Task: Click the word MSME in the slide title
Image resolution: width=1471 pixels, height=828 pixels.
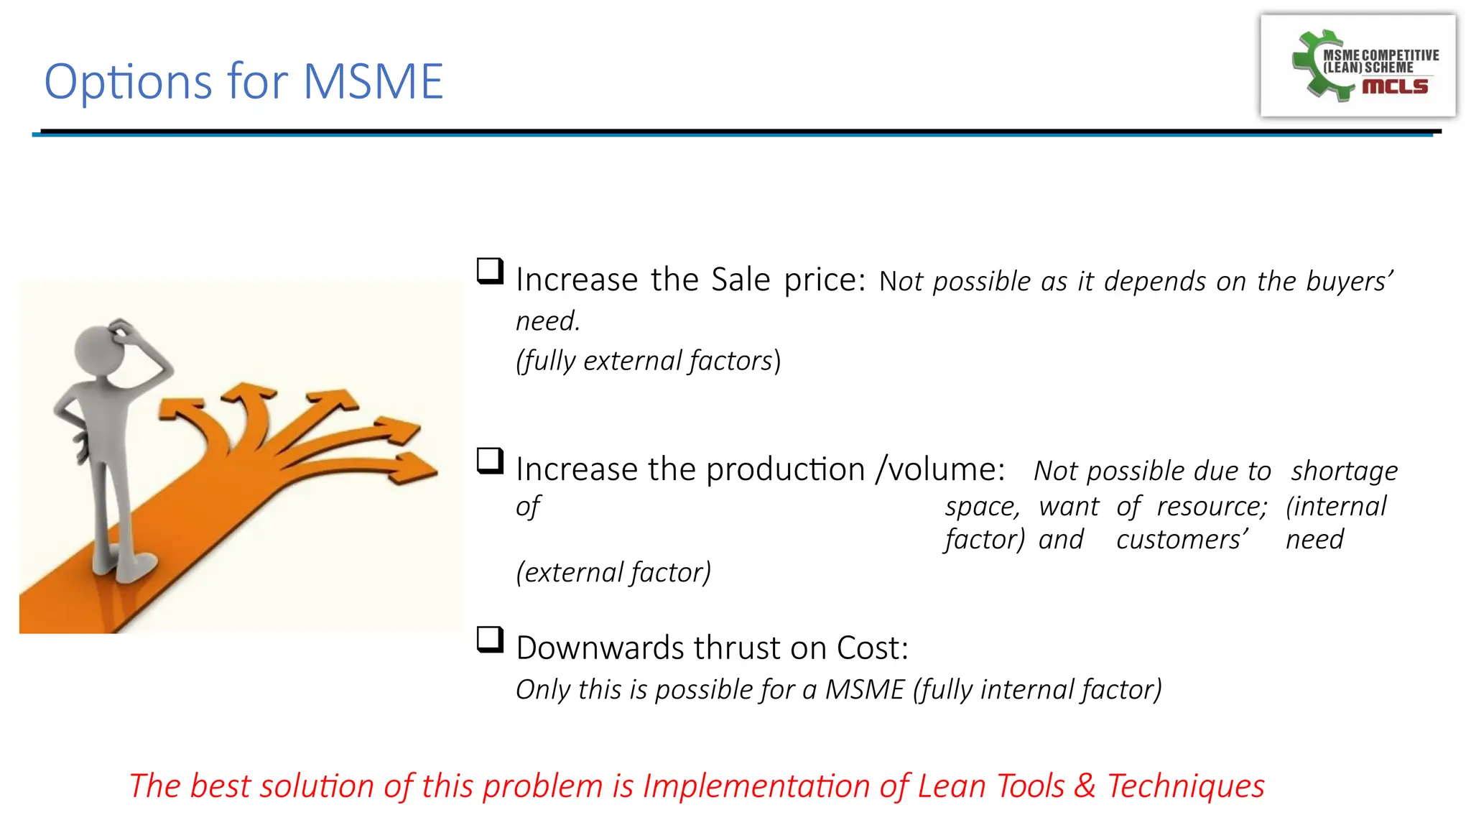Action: click(373, 81)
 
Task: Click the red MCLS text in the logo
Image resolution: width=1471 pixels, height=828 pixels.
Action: click(1395, 86)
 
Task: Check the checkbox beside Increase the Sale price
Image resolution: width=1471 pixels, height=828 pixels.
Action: click(490, 272)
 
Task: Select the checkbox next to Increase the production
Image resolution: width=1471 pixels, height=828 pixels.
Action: click(490, 461)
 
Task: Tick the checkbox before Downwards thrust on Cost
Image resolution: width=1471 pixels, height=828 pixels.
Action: click(490, 639)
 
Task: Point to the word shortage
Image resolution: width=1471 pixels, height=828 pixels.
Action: click(1344, 471)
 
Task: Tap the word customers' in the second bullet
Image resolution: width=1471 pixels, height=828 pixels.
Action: click(1182, 539)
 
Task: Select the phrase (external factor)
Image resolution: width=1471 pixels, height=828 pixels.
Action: click(613, 572)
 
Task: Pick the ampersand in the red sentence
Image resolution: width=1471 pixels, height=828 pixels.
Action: click(1085, 786)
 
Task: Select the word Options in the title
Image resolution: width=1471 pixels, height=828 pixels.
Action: click(128, 81)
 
